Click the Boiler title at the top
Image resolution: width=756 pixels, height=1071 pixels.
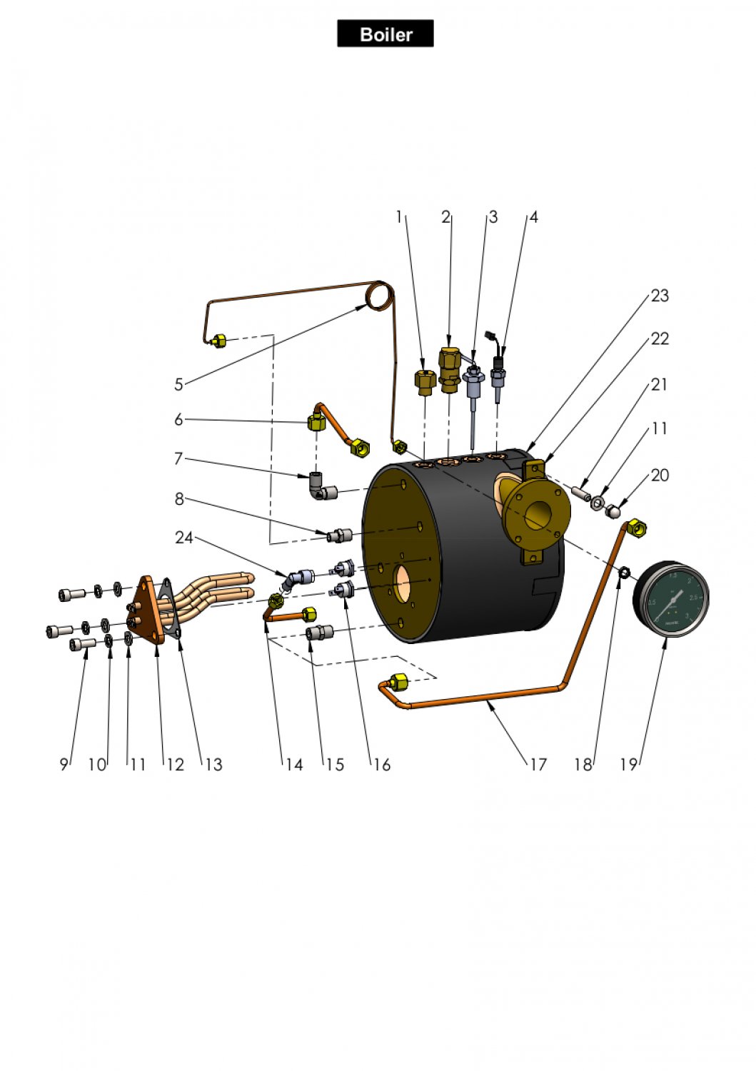[x=385, y=34]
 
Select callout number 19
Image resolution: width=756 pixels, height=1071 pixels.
[x=628, y=765]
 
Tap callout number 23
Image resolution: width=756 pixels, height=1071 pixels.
[x=660, y=296]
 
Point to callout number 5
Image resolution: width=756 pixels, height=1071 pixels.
[x=178, y=385]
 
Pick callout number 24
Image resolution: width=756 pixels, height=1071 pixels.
[x=184, y=538]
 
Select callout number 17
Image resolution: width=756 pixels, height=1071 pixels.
[x=538, y=765]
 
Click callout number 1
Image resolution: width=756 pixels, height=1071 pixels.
[x=399, y=217]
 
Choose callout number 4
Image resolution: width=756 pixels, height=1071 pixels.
[x=533, y=217]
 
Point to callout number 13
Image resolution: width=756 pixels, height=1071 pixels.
[x=213, y=765]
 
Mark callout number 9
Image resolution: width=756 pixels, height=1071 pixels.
[x=64, y=765]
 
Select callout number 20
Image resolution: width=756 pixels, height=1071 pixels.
[x=660, y=476]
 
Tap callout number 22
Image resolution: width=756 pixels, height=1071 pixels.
[x=660, y=338]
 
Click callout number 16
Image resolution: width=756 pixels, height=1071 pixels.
[x=382, y=765]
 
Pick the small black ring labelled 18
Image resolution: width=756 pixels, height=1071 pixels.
[x=623, y=573]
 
